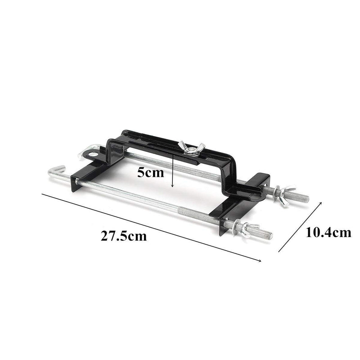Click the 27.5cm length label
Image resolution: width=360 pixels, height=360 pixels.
(124, 236)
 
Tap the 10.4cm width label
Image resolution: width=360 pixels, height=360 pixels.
(328, 232)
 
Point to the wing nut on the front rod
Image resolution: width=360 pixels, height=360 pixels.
(243, 228)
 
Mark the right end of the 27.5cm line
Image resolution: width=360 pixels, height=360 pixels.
(261, 261)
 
